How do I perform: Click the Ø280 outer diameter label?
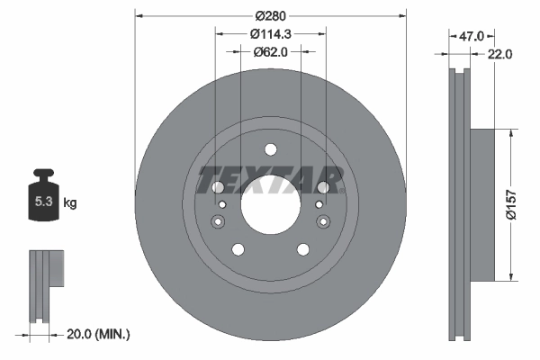270,15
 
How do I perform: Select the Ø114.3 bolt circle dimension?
270,34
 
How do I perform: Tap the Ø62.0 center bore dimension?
270,52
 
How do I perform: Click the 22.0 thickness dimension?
500,54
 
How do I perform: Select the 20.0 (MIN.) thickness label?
99,334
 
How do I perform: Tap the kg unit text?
70,203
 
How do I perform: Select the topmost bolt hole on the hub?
270,150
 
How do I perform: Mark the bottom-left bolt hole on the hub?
238,249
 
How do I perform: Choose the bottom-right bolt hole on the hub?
301,249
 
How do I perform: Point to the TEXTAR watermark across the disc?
270,180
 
